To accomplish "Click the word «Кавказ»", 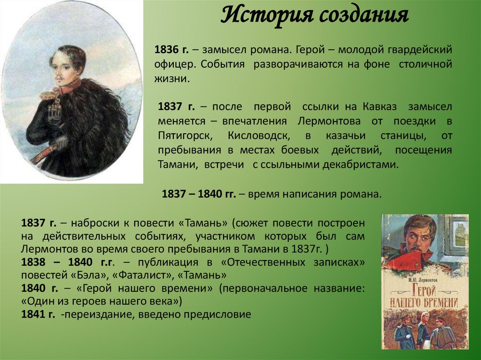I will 382,107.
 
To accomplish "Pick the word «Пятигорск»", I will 186,136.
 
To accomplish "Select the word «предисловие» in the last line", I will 218,314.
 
